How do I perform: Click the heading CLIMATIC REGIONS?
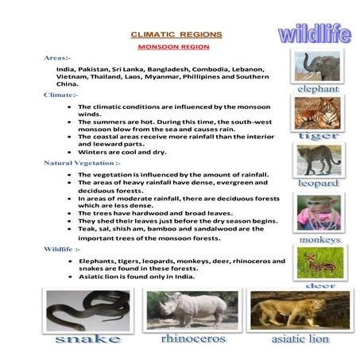tap(176, 35)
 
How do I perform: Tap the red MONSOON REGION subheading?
tap(176, 48)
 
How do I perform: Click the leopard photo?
tap(319, 160)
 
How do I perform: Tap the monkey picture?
tap(319, 213)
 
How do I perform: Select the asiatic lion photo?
tap(300, 309)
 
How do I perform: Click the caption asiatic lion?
tap(300, 339)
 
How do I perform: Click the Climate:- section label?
tap(60, 95)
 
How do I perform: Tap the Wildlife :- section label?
tap(63, 249)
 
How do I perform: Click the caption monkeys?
tap(319, 239)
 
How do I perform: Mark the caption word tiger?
tap(319, 136)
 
